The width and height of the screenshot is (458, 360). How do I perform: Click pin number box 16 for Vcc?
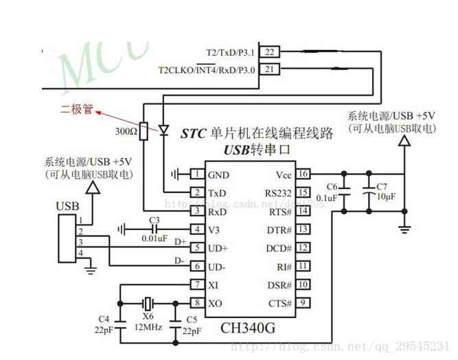pyautogui.click(x=303, y=174)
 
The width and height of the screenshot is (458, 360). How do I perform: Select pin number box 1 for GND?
pyautogui.click(x=197, y=175)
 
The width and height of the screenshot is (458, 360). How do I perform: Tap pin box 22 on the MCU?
pyautogui.click(x=271, y=52)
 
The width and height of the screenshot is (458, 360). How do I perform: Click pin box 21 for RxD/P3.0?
pyautogui.click(x=271, y=69)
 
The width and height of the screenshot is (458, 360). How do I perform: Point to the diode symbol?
pyautogui.click(x=163, y=130)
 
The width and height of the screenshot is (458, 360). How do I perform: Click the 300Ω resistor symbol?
pyautogui.click(x=144, y=131)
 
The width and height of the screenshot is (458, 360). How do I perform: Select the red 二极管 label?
pyautogui.click(x=77, y=109)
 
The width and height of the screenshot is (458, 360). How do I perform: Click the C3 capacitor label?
pyautogui.click(x=154, y=220)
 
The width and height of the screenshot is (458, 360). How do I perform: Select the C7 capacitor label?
pyautogui.click(x=382, y=186)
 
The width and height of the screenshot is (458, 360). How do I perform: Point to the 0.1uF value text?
pyautogui.click(x=328, y=198)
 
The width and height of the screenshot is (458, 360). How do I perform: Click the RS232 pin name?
pyautogui.click(x=277, y=193)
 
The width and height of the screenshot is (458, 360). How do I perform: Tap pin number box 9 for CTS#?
pyautogui.click(x=303, y=303)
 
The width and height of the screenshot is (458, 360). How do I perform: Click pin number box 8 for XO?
pyautogui.click(x=197, y=303)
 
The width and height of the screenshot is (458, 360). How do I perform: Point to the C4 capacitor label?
pyautogui.click(x=104, y=319)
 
